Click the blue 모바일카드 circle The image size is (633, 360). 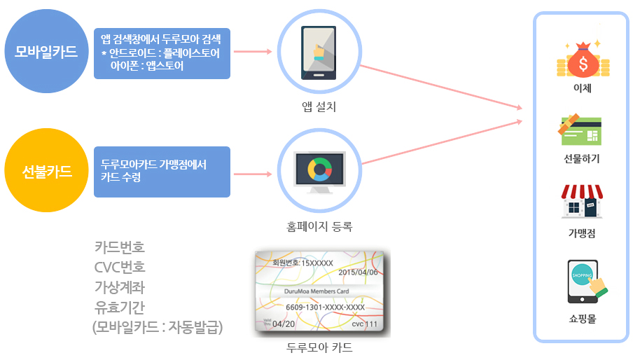click(x=46, y=51)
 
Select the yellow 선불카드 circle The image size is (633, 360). click(x=46, y=170)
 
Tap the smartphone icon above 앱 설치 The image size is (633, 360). click(x=319, y=53)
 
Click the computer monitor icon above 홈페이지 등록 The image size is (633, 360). click(x=319, y=172)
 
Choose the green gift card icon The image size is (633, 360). click(x=580, y=130)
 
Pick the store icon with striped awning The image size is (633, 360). click(x=582, y=202)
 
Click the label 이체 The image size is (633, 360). click(x=583, y=88)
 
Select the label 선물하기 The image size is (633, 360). click(x=582, y=158)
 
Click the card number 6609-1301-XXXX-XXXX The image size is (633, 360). click(x=326, y=307)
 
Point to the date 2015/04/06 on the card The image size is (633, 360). click(x=358, y=272)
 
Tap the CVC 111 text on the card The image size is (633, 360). click(x=365, y=324)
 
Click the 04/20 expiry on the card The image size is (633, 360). click(x=284, y=324)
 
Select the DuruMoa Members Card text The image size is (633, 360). click(x=316, y=291)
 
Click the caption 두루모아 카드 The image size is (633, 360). click(x=319, y=347)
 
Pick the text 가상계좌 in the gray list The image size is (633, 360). click(x=120, y=287)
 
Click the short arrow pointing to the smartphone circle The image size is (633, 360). click(x=253, y=51)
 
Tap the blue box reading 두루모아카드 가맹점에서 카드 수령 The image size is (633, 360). click(x=162, y=172)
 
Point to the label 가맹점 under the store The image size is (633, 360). click(x=582, y=233)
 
